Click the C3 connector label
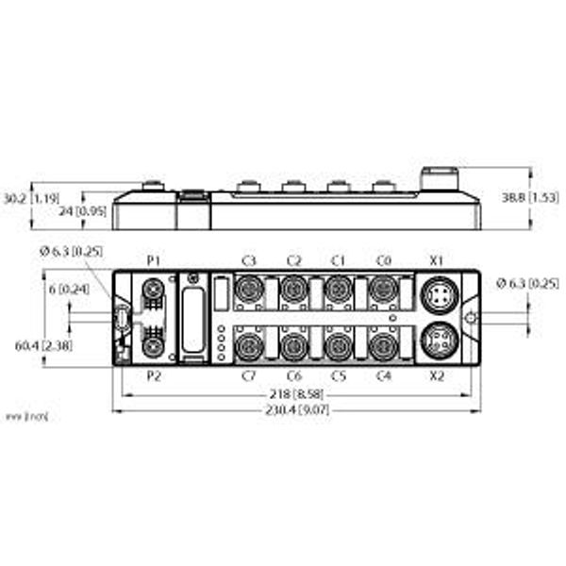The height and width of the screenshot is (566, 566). pyautogui.click(x=249, y=259)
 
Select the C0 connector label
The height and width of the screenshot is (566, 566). pyautogui.click(x=383, y=259)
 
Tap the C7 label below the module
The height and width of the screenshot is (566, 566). pyautogui.click(x=249, y=375)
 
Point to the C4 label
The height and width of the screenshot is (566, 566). pyautogui.click(x=383, y=375)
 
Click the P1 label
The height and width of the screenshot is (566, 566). pyautogui.click(x=155, y=259)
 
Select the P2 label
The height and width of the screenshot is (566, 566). pyautogui.click(x=155, y=375)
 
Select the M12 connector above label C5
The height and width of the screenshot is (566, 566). pyautogui.click(x=338, y=344)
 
